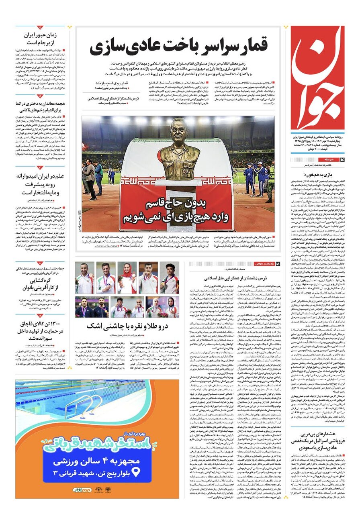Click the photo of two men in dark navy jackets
pyautogui.click(x=84, y=307)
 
